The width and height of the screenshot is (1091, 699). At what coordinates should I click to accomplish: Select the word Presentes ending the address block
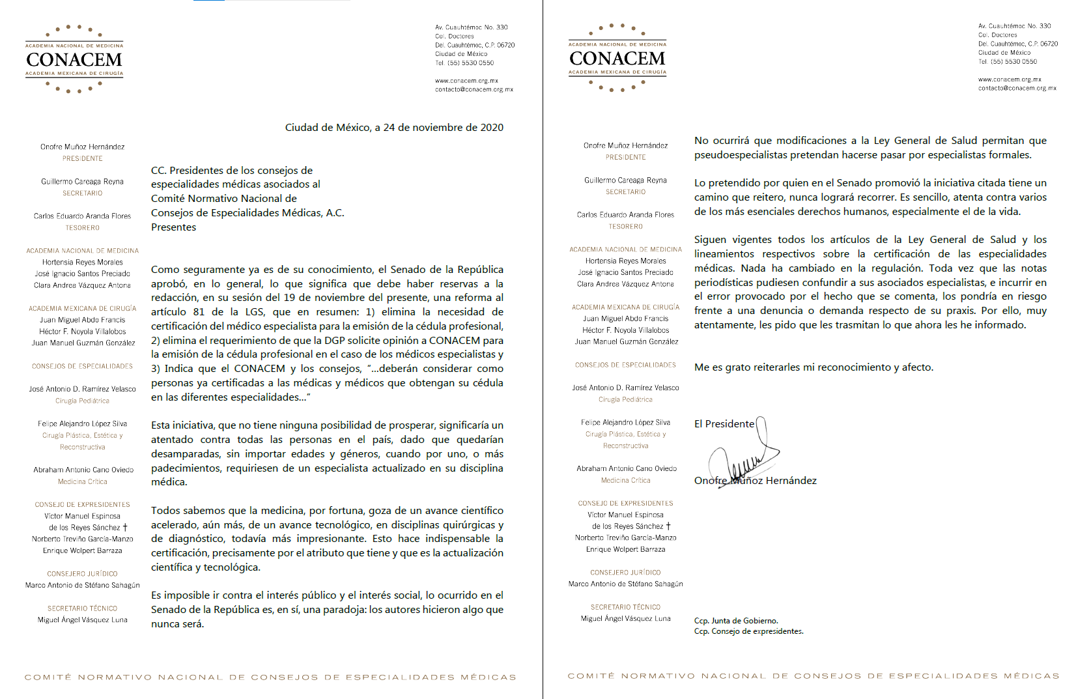173,227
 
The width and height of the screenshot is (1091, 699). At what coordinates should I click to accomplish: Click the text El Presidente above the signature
724,424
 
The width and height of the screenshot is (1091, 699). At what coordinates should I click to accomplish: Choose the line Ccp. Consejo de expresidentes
748,631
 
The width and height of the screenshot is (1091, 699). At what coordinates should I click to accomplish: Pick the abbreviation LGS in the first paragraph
255,312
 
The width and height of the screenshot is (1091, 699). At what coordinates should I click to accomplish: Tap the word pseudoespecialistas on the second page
740,155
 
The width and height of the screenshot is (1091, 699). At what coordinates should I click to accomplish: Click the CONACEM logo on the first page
74,59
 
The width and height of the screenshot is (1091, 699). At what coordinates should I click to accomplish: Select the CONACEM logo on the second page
617,58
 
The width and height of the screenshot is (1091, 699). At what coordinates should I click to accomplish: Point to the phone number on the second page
1008,62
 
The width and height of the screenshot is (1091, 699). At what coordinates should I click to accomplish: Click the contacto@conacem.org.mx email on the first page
474,90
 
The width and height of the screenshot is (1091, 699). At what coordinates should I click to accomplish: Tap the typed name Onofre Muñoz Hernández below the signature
755,481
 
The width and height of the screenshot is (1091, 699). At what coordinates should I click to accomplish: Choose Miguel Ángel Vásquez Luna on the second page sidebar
625,619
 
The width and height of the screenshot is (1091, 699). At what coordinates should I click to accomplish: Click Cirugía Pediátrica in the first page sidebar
82,401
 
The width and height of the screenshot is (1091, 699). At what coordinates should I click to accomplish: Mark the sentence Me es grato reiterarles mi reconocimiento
814,367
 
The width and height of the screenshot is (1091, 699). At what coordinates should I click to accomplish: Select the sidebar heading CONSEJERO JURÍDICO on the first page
82,574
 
